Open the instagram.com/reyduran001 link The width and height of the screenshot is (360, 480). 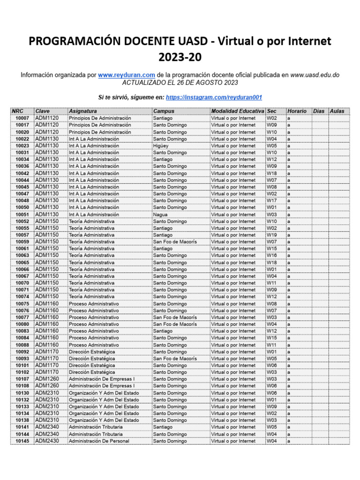(x=214, y=97)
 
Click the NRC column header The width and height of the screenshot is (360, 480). (x=17, y=111)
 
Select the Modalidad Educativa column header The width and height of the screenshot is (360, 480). (x=237, y=111)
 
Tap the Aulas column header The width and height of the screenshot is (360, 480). (x=337, y=111)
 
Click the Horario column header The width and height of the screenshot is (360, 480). (x=297, y=111)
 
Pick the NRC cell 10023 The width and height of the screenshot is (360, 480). (x=22, y=146)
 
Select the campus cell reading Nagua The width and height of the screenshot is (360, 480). (x=160, y=214)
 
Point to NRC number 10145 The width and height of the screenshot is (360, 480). (x=22, y=441)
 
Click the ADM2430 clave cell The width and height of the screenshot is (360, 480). (x=47, y=441)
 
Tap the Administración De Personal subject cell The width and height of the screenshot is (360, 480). (x=99, y=441)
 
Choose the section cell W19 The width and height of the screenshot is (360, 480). (x=272, y=235)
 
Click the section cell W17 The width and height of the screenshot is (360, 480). (x=272, y=201)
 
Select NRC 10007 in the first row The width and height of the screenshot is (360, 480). (x=22, y=118)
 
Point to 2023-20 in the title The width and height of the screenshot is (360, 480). (x=180, y=58)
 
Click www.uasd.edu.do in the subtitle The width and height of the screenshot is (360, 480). (x=315, y=75)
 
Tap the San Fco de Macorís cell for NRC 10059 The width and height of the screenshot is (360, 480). (x=175, y=242)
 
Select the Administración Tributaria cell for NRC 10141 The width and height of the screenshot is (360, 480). (x=96, y=427)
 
